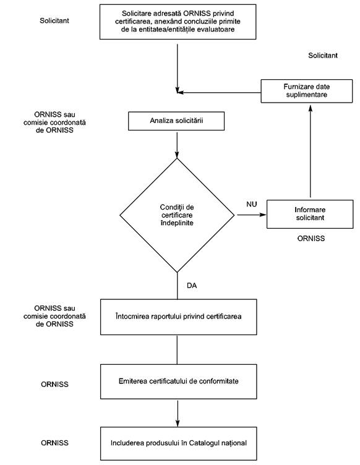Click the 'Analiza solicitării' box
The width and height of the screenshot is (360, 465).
pos(176,121)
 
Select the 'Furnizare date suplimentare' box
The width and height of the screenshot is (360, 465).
pos(307,91)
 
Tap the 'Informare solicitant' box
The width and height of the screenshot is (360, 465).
pos(310,214)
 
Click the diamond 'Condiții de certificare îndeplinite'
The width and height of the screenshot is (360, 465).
pos(177,215)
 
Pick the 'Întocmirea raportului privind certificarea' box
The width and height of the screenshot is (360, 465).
pos(179,317)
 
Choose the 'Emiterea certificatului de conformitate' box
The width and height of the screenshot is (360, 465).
pos(179,382)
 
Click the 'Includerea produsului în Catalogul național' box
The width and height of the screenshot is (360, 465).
pos(179,443)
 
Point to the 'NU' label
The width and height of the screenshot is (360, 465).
pos(252,204)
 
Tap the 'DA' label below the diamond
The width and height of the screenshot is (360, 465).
pos(192,286)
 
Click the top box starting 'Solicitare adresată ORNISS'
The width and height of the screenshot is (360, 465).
pos(178,22)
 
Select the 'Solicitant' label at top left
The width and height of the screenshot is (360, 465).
pos(54,20)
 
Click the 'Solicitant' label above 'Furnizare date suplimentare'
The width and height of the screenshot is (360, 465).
pos(323,56)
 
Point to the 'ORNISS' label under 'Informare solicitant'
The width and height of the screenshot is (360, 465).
pos(311,239)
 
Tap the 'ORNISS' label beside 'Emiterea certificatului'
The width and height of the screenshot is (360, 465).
pos(54,385)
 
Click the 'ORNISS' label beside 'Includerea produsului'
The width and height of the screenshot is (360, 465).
pos(54,443)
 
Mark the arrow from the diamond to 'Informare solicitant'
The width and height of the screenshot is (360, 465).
pos(252,215)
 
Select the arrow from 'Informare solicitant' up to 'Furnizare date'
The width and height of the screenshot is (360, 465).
pos(311,151)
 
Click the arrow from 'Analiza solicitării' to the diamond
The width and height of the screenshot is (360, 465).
pos(177,145)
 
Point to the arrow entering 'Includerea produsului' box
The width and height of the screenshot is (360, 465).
pos(178,414)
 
